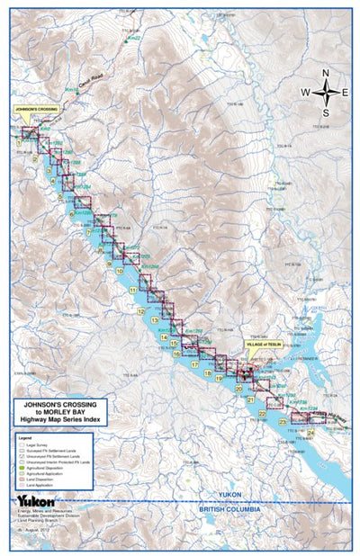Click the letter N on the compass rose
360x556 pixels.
click(x=326, y=74)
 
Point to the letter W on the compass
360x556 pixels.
click(x=305, y=93)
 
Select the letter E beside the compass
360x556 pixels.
click(x=346, y=93)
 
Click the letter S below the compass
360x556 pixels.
click(x=326, y=112)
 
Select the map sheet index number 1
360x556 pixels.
click(x=19, y=141)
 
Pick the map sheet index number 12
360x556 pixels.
click(x=141, y=311)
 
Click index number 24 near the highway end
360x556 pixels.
click(x=310, y=432)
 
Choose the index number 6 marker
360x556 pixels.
click(x=72, y=214)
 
